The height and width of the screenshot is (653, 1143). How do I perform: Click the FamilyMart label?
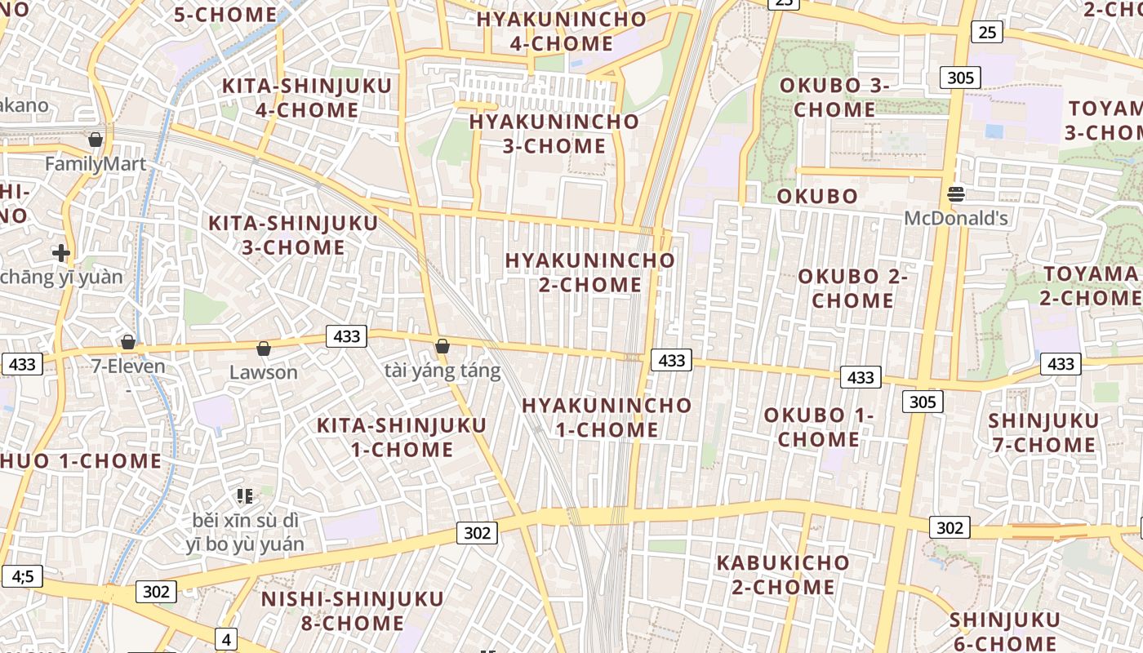pyautogui.click(x=96, y=164)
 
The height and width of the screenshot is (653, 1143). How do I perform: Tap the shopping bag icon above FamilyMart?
pyautogui.click(x=96, y=140)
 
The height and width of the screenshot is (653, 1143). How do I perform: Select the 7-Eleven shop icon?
pyautogui.click(x=128, y=342)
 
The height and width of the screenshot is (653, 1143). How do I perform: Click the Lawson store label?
pyautogui.click(x=264, y=372)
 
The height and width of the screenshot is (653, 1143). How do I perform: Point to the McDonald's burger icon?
pyautogui.click(x=956, y=194)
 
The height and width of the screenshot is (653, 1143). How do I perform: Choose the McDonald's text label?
pyautogui.click(x=956, y=219)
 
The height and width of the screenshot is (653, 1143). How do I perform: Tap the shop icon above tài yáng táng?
pyautogui.click(x=443, y=346)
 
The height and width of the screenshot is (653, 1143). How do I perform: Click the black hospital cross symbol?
pyautogui.click(x=60, y=253)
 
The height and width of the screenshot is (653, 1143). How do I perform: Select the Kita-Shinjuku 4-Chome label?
pyautogui.click(x=307, y=98)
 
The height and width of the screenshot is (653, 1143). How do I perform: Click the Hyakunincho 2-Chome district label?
pyautogui.click(x=590, y=273)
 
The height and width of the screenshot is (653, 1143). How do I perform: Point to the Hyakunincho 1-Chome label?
pyautogui.click(x=607, y=417)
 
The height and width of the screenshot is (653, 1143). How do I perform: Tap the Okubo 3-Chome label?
pyautogui.click(x=834, y=97)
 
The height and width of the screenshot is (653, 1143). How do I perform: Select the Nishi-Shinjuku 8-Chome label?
pyautogui.click(x=353, y=611)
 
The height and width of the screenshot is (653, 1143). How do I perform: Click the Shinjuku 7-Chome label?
pyautogui.click(x=1043, y=433)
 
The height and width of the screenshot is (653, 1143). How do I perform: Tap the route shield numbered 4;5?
pyautogui.click(x=22, y=576)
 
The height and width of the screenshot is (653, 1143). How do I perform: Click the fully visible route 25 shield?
pyautogui.click(x=987, y=32)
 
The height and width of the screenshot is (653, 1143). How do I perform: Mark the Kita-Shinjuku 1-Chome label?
pyautogui.click(x=402, y=437)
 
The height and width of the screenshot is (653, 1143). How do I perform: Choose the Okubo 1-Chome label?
pyautogui.click(x=819, y=427)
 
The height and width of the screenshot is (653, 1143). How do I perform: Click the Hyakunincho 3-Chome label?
pyautogui.click(x=554, y=134)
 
